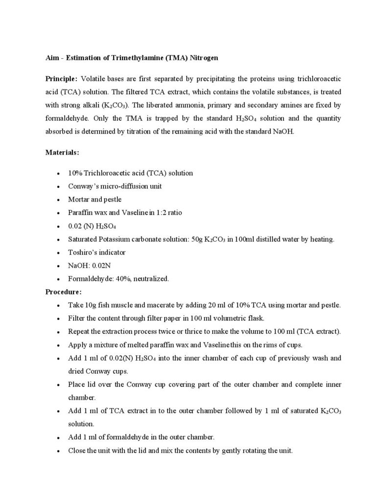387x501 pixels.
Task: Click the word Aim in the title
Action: pyautogui.click(x=51, y=58)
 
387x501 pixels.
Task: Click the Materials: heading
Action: pyautogui.click(x=62, y=153)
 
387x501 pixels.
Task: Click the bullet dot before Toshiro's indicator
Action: pyautogui.click(x=59, y=253)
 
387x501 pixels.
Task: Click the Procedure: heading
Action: pyautogui.click(x=64, y=292)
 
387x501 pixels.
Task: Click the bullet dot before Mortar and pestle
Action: pyautogui.click(x=59, y=200)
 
